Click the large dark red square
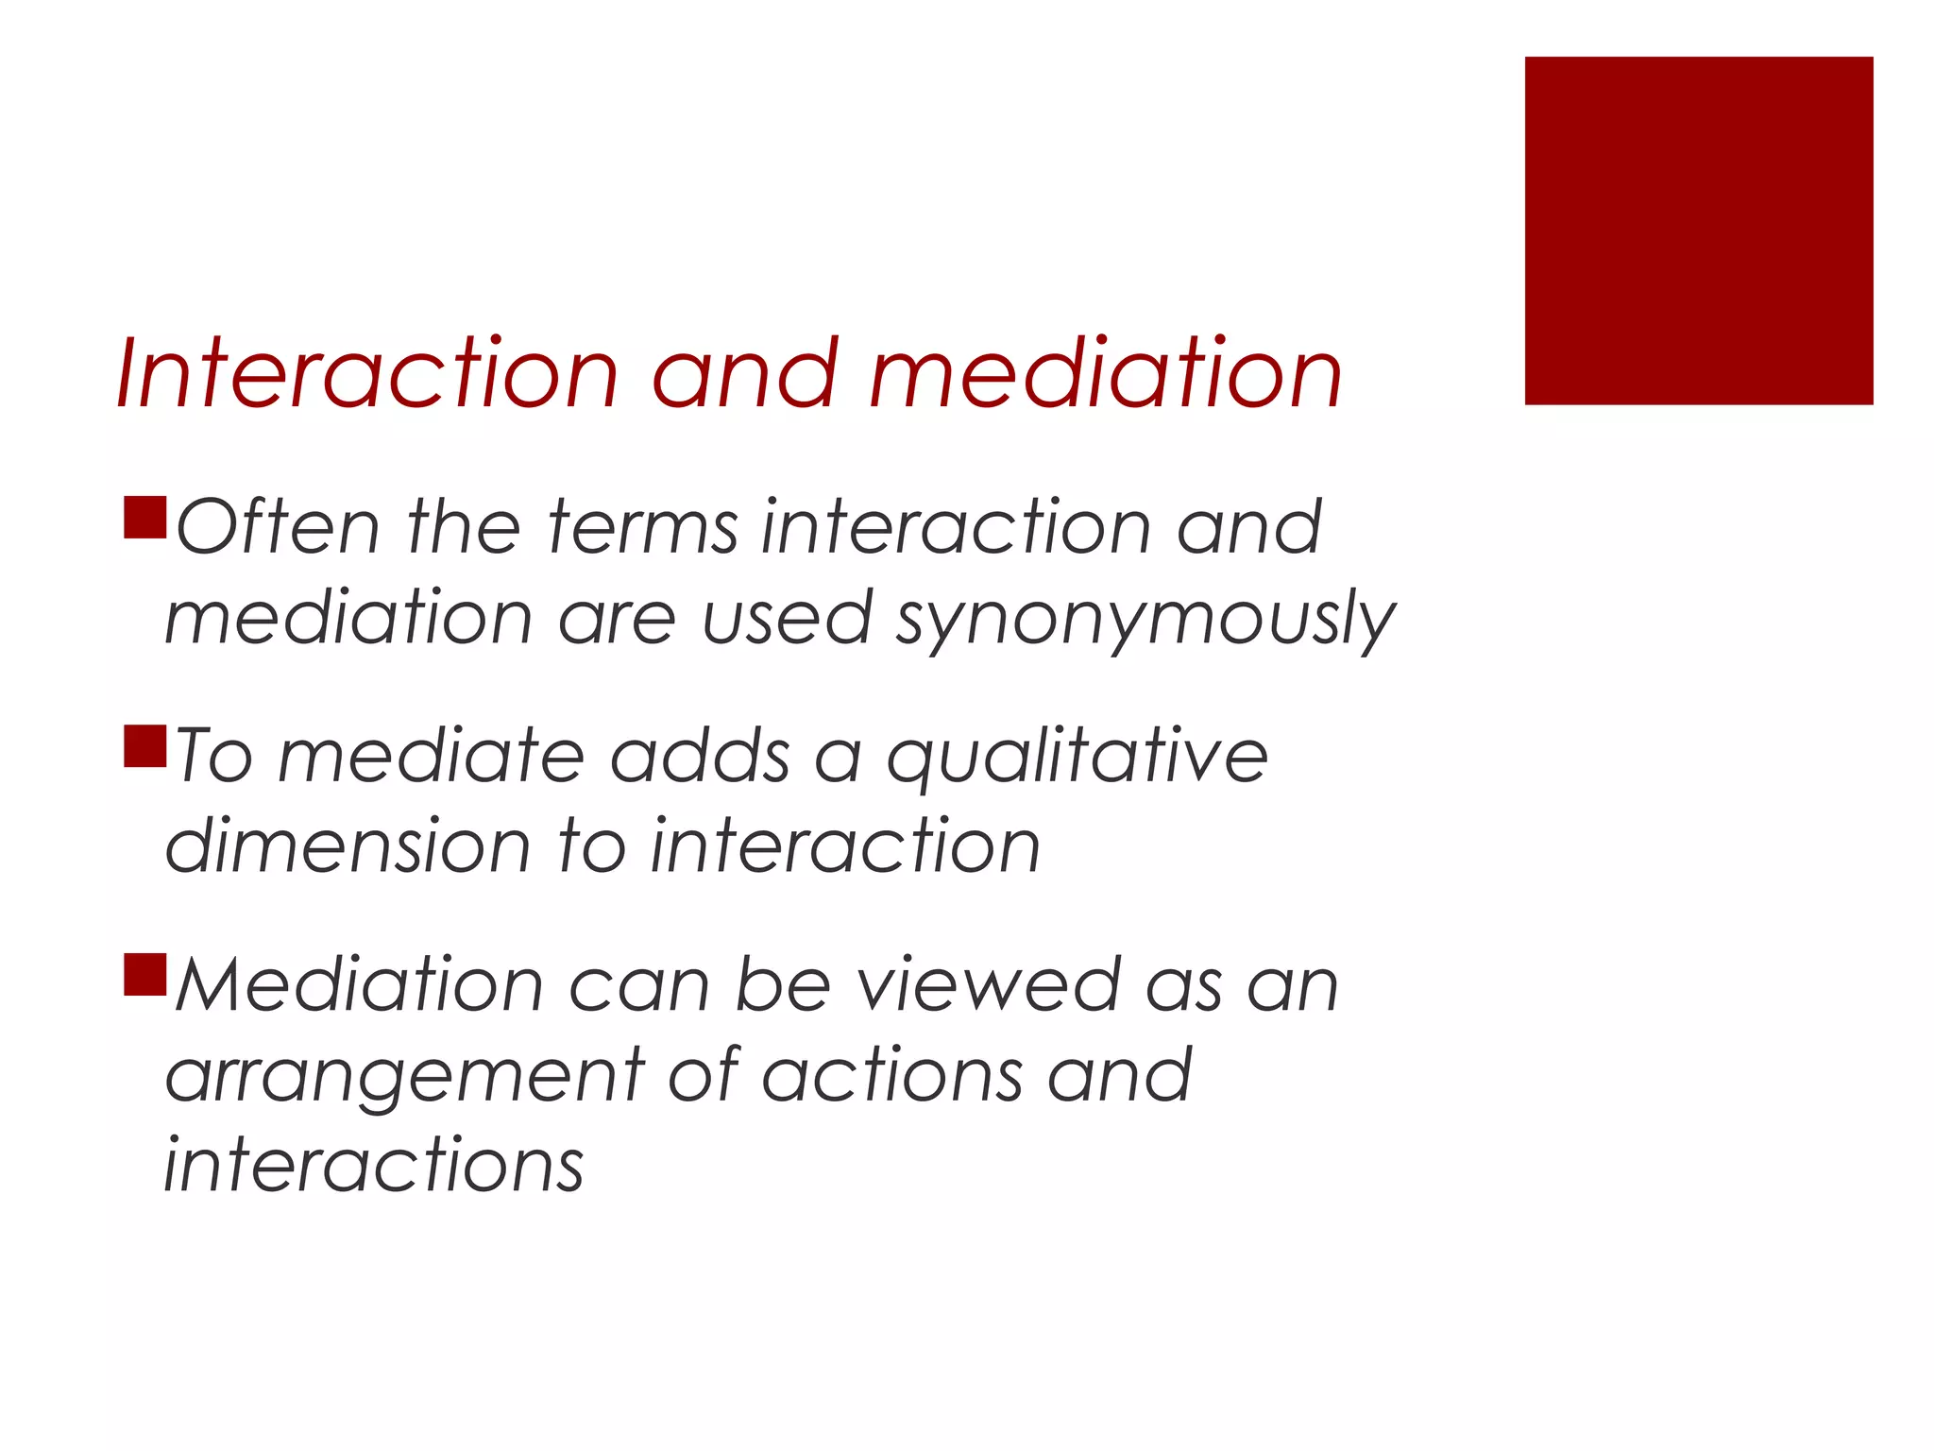click(x=1698, y=230)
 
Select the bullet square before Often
click(x=145, y=518)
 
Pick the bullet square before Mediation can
click(x=145, y=975)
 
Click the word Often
click(x=278, y=527)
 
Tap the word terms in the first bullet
click(x=642, y=527)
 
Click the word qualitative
click(x=1077, y=758)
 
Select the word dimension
click(x=348, y=846)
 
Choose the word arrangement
click(x=404, y=1077)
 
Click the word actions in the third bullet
click(x=892, y=1077)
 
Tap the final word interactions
click(x=374, y=1166)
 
